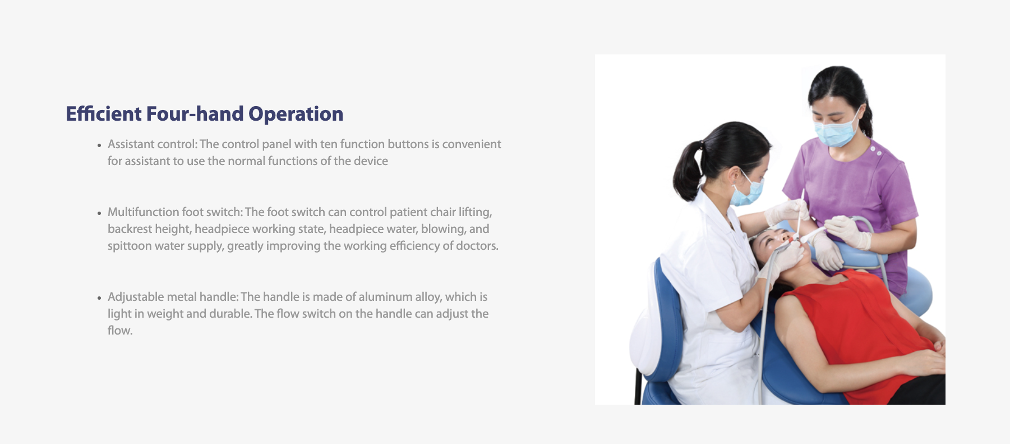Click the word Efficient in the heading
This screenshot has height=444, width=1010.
pos(104,114)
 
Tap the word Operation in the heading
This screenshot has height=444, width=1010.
pos(296,115)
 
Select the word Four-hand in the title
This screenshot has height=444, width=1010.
pos(195,114)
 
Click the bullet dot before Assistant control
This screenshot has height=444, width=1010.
pos(99,145)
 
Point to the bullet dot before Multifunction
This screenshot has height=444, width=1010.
pos(99,213)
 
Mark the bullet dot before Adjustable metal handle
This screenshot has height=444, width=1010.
pos(99,298)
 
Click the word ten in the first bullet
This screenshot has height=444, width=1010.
pos(329,144)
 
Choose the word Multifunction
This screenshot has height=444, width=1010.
pos(143,212)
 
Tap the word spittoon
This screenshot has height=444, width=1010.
pos(130,246)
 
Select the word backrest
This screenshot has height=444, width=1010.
pos(129,229)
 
